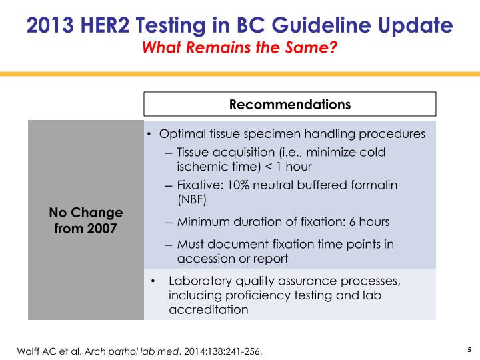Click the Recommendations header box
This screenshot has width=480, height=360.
(290, 105)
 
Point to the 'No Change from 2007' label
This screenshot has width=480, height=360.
(86, 221)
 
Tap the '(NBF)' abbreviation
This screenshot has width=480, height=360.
(192, 199)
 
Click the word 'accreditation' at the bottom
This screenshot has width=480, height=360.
(209, 309)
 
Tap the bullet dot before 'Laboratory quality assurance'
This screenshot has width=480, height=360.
(153, 281)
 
